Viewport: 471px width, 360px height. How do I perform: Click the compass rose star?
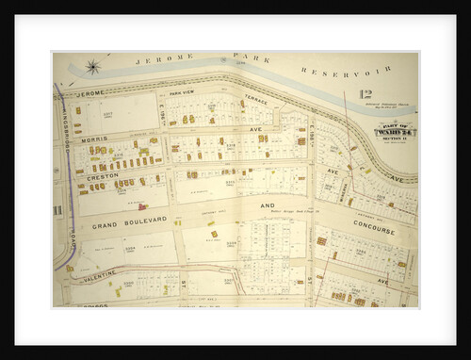(93, 67)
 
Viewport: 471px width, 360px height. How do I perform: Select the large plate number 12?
(365, 94)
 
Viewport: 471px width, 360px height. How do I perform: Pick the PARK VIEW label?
(180, 93)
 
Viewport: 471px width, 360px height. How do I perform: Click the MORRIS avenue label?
(95, 139)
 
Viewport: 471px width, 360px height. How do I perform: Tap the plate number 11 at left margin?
(57, 209)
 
